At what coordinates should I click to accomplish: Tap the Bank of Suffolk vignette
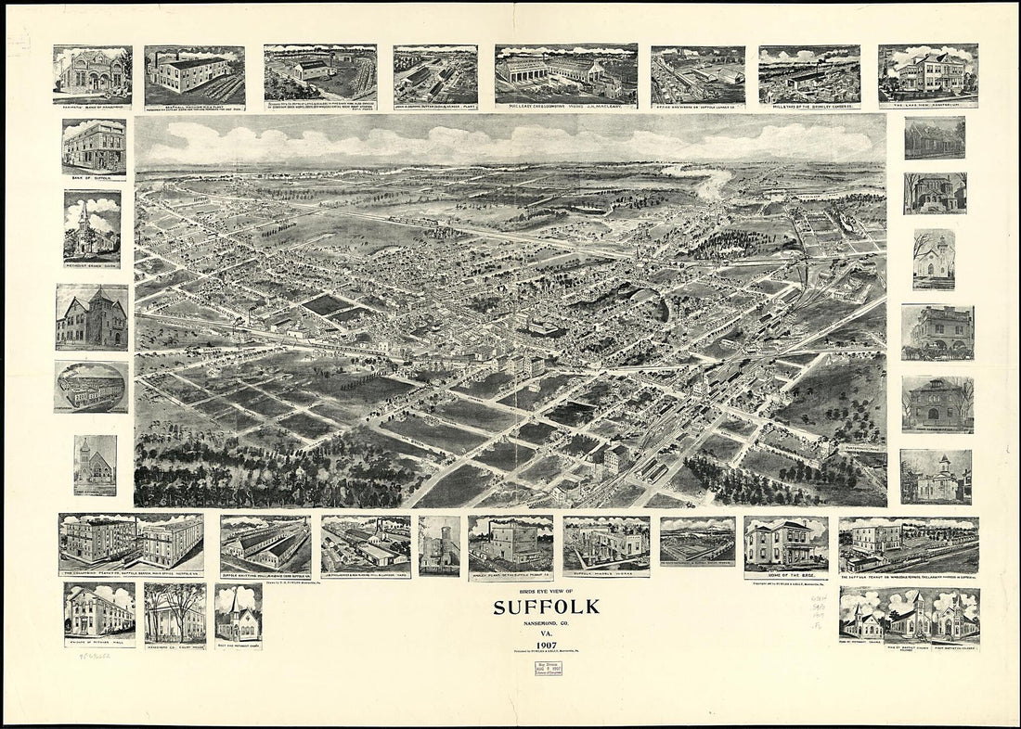coord(94,147)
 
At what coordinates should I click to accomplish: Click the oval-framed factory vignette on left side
coord(91,386)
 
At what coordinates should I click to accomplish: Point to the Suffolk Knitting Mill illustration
coord(265,544)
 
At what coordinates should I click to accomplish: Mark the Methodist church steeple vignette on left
coord(92,227)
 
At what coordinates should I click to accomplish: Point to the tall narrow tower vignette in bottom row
coord(439,544)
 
